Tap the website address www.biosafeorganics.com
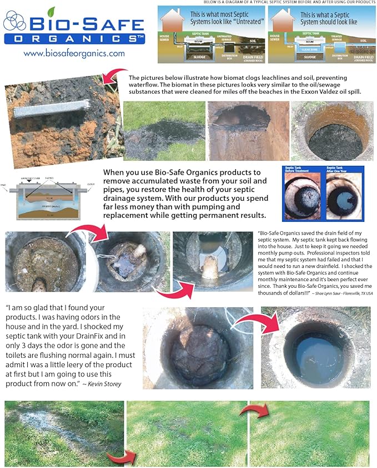(74, 54)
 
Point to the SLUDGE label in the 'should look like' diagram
(310, 56)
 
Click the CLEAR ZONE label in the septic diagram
(310, 48)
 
